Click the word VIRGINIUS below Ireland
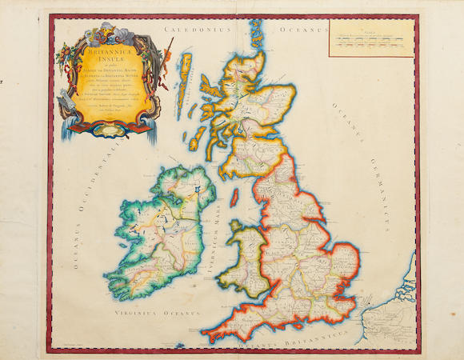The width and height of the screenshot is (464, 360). click(134, 305)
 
